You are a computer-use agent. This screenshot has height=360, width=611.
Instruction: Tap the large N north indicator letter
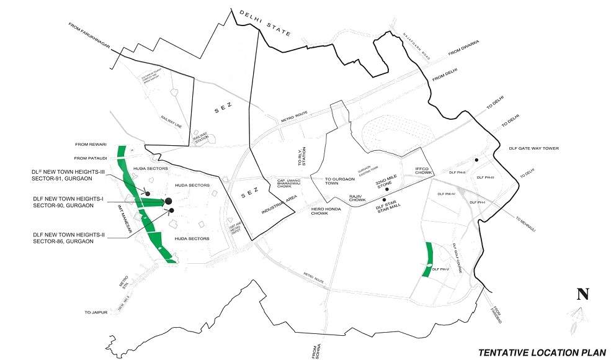tap(582, 295)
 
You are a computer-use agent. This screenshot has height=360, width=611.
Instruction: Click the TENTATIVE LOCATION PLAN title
tap(541, 352)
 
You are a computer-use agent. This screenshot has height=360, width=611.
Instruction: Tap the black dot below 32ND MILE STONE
tap(386, 189)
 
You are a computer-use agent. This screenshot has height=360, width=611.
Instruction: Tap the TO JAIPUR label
tap(97, 312)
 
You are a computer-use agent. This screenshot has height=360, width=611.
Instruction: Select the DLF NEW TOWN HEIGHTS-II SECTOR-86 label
tap(63, 238)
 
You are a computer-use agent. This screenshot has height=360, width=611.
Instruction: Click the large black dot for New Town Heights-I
tap(168, 201)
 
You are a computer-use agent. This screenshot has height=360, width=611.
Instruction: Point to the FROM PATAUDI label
tap(91, 158)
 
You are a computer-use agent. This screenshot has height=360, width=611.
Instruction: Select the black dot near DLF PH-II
tap(476, 160)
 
